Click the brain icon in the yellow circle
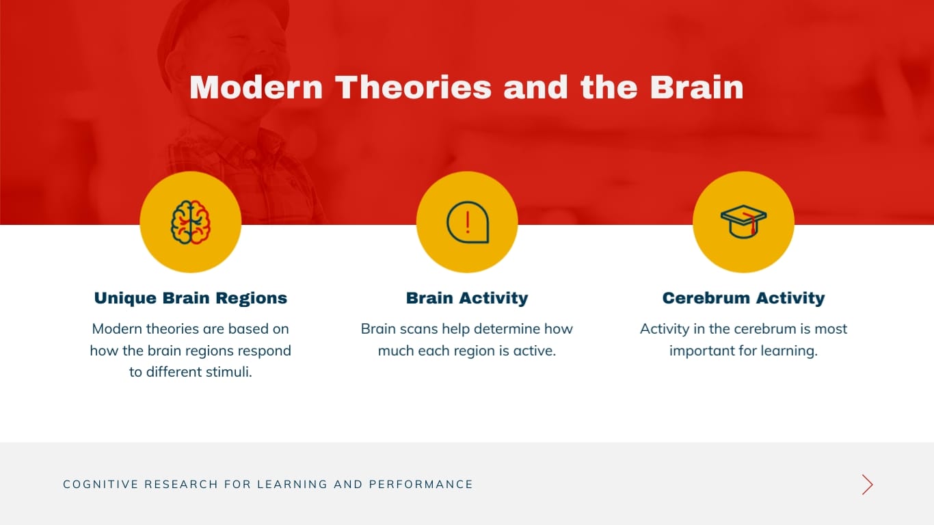[x=190, y=222]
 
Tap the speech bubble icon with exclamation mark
[x=467, y=222]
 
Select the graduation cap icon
[x=743, y=222]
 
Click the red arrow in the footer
[x=867, y=485]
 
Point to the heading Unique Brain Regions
[x=190, y=298]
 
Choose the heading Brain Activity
[x=467, y=298]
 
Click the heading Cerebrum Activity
[x=743, y=298]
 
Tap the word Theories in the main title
[x=413, y=87]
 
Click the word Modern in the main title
[x=256, y=87]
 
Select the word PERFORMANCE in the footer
[x=421, y=485]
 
